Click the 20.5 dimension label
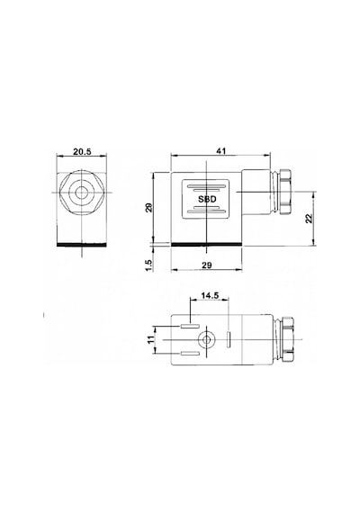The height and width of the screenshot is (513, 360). coord(82,151)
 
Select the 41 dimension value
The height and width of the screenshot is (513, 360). coord(221,151)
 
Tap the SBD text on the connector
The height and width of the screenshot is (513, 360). coord(207,199)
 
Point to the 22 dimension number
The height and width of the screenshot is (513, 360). coord(310,218)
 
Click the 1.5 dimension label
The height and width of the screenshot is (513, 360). coord(148,265)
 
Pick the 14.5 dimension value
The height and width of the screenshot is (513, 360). coord(210,295)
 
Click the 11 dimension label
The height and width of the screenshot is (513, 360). coord(151,339)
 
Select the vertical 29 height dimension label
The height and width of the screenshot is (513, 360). coord(148,207)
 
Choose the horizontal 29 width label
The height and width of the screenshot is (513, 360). coord(206,265)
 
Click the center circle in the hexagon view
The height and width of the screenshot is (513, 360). coord(81,193)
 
